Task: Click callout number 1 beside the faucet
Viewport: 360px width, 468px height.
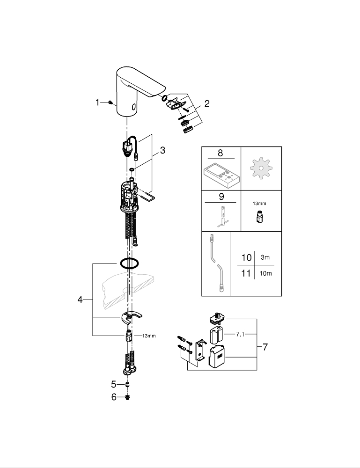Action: [98, 102]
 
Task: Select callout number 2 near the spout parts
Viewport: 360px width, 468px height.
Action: [206, 104]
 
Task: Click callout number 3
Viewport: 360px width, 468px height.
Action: [162, 150]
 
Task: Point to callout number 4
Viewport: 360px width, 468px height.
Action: [80, 300]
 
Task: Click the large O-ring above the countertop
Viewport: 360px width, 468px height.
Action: [129, 263]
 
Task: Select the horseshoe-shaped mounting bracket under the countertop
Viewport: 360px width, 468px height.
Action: [132, 319]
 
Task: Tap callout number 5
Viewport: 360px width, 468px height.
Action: [113, 384]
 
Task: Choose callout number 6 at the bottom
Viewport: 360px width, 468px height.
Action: [113, 397]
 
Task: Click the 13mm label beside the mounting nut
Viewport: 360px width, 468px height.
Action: [148, 336]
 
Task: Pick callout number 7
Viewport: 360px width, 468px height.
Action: [265, 347]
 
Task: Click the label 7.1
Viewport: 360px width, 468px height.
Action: [240, 334]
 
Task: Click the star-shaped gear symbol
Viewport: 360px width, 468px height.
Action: [261, 168]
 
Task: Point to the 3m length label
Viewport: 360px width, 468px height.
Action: [265, 258]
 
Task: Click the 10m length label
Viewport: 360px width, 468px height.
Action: [265, 273]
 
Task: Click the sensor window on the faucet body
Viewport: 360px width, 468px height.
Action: [134, 107]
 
